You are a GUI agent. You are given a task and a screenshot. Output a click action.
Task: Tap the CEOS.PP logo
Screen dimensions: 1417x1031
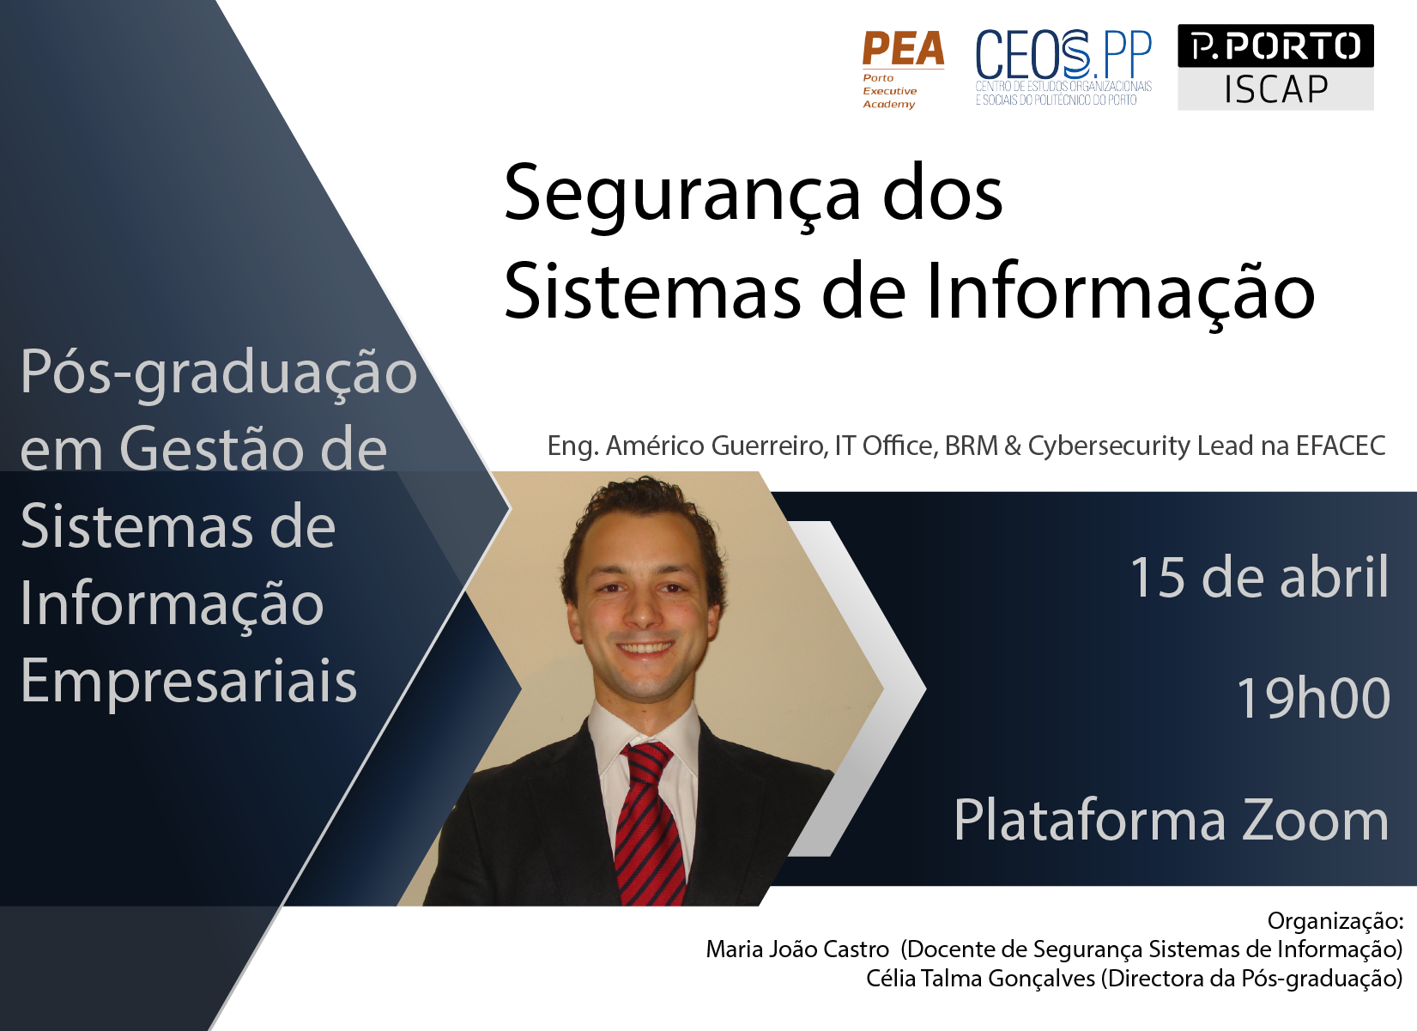(1063, 68)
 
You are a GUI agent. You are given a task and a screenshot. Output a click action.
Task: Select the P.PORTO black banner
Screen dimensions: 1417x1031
(1275, 45)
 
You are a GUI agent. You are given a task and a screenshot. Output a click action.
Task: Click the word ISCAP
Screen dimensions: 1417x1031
(1275, 89)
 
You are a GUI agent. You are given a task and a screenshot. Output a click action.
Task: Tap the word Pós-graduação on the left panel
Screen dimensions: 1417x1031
(219, 373)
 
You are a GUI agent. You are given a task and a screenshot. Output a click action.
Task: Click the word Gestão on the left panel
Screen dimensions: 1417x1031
(252, 449)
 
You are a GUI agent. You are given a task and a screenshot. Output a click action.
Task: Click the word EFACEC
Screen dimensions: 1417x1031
(1341, 446)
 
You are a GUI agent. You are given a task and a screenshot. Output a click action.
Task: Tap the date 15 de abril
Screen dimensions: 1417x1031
(1259, 577)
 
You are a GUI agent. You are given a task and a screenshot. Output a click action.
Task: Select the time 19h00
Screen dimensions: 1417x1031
(1312, 697)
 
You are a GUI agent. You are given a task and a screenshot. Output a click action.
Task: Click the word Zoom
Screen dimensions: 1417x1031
(1315, 821)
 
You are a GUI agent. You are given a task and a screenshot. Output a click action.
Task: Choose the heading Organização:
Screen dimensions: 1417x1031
(1335, 921)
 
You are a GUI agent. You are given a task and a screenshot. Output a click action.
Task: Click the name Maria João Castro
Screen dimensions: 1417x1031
(797, 949)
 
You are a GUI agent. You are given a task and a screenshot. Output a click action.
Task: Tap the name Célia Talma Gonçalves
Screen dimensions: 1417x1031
(980, 979)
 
